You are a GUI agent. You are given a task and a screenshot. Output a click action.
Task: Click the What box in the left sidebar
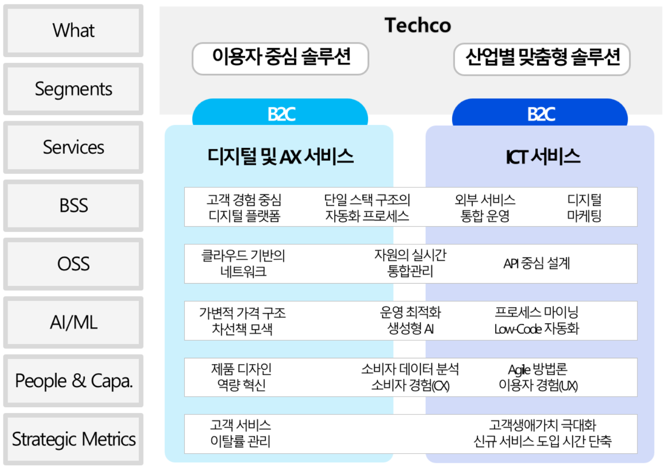pyautogui.click(x=73, y=30)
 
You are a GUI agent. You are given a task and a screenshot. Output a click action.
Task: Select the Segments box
pyautogui.click(x=73, y=89)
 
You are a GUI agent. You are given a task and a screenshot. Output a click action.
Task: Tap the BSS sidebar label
pyautogui.click(x=73, y=206)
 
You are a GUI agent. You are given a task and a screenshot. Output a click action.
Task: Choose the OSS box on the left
pyautogui.click(x=73, y=264)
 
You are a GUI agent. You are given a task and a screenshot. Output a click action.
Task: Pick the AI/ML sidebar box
pyautogui.click(x=73, y=322)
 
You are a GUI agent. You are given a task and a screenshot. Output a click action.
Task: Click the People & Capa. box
pyautogui.click(x=73, y=381)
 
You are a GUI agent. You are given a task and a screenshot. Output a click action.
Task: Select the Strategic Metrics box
pyautogui.click(x=73, y=439)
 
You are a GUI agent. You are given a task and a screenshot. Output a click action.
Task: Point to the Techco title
pyautogui.click(x=418, y=25)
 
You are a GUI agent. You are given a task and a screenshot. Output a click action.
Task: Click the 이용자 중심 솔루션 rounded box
pyautogui.click(x=281, y=58)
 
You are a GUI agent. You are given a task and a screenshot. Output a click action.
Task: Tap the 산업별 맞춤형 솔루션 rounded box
pyautogui.click(x=542, y=59)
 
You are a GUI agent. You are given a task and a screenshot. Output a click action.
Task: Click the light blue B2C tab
pyautogui.click(x=280, y=113)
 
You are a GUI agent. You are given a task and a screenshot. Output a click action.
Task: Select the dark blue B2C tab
pyautogui.click(x=540, y=113)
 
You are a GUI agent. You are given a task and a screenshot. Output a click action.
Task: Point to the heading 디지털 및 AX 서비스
pyautogui.click(x=281, y=157)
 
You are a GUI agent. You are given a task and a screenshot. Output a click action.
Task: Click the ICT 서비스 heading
pyautogui.click(x=543, y=157)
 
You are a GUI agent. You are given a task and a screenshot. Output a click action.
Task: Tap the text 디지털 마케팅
pyautogui.click(x=584, y=208)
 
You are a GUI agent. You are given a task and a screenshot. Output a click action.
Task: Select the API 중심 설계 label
pyautogui.click(x=537, y=263)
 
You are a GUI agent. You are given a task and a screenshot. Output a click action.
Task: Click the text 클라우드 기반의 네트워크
pyautogui.click(x=243, y=263)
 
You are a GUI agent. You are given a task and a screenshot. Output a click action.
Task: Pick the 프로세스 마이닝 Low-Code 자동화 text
pyautogui.click(x=537, y=320)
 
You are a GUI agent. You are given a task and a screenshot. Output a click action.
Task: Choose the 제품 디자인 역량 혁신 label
pyautogui.click(x=241, y=377)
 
